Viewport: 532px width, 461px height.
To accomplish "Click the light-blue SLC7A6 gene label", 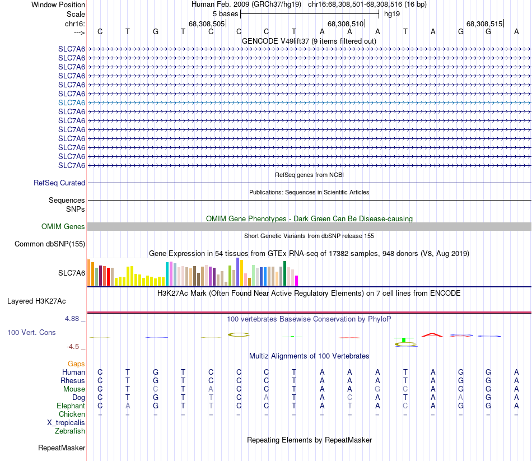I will pyautogui.click(x=72, y=103).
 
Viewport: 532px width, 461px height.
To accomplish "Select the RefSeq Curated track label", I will pyautogui.click(x=59, y=183).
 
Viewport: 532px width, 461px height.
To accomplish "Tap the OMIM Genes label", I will pyautogui.click(x=63, y=227).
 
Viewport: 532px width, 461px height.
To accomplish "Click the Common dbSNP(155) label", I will pyautogui.click(x=50, y=244).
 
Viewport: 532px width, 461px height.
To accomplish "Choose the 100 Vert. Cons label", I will pyautogui.click(x=31, y=332).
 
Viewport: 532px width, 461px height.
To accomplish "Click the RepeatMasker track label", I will pyautogui.click(x=62, y=448).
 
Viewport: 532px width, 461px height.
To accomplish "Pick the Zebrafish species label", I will pyautogui.click(x=70, y=431).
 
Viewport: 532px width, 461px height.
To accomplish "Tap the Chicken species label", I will pyautogui.click(x=72, y=414).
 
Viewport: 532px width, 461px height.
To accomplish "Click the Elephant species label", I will pyautogui.click(x=71, y=406).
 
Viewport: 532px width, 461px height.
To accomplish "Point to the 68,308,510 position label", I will pyautogui.click(x=346, y=24).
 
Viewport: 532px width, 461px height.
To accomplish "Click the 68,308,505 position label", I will pyautogui.click(x=207, y=24).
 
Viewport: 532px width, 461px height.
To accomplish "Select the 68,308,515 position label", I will pyautogui.click(x=484, y=24).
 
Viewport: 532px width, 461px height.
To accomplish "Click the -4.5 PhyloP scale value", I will pyautogui.click(x=73, y=346).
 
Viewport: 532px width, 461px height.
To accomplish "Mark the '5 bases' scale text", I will pyautogui.click(x=225, y=13).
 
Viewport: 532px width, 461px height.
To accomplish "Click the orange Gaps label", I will pyautogui.click(x=76, y=364).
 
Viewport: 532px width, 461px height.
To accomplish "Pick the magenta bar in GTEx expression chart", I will pyautogui.click(x=297, y=280).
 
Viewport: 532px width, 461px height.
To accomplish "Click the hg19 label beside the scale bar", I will pyautogui.click(x=391, y=13).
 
